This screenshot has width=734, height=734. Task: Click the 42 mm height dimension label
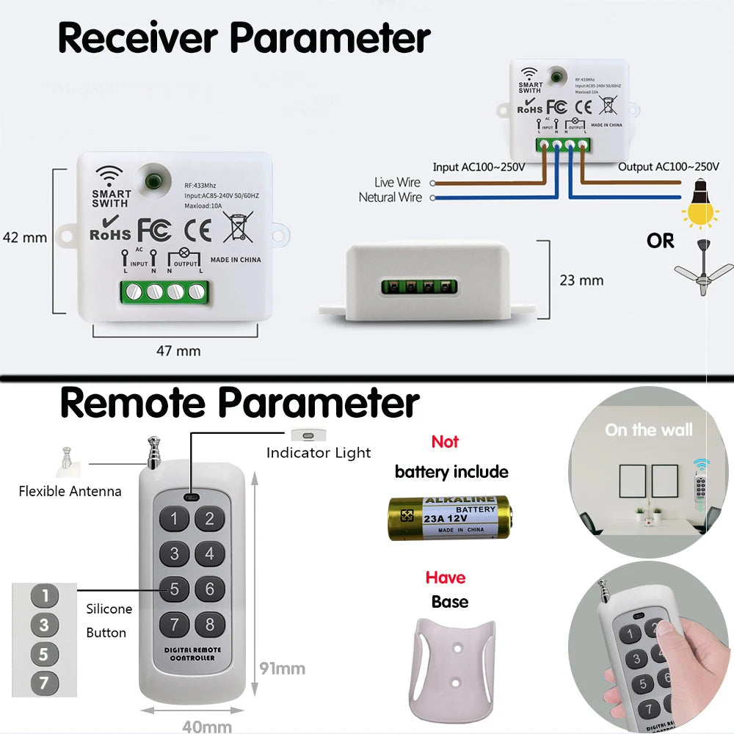(x=25, y=237)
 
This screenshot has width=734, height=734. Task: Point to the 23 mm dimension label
(x=581, y=280)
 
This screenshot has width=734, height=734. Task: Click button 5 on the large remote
(x=174, y=589)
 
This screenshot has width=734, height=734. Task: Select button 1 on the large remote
(x=174, y=520)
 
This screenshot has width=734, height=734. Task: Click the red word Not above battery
(x=445, y=442)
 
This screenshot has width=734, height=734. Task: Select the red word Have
(x=446, y=578)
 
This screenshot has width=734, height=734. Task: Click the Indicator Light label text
(x=319, y=453)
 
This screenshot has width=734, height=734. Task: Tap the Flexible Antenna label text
(x=70, y=491)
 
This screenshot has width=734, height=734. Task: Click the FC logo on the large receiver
(x=155, y=229)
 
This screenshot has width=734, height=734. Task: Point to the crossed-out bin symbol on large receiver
(x=238, y=227)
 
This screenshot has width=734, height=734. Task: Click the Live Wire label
(x=397, y=182)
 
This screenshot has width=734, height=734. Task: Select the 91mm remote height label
(x=282, y=669)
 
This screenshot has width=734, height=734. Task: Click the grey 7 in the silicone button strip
(x=44, y=683)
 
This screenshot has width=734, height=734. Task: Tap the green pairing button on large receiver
(x=153, y=179)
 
